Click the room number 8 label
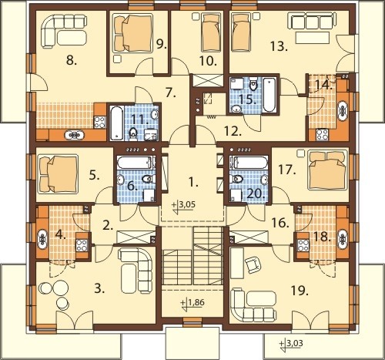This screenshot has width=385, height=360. tap(72, 61)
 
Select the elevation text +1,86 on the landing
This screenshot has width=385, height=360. tap(192, 304)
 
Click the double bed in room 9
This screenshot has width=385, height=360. tap(132, 32)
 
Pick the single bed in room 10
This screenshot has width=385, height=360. tap(212, 32)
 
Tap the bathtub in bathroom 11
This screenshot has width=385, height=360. tap(116, 123)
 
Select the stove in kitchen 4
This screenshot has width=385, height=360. tap(82, 245)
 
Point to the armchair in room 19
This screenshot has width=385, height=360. tap(253, 265)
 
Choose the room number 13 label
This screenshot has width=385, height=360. tap(279, 46)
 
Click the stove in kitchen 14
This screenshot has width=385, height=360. tap(322, 134)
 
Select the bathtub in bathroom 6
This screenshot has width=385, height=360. tap(136, 163)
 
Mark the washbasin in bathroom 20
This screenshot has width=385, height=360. tap(265, 179)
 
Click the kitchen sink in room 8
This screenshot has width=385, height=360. tap(75, 135)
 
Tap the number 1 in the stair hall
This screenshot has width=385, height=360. tap(193, 183)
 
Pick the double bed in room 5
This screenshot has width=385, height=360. tap(58, 174)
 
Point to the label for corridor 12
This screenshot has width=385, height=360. tap(233, 131)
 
